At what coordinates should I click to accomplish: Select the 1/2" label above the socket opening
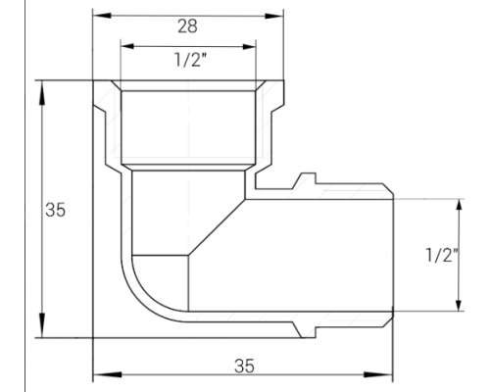point(188,59)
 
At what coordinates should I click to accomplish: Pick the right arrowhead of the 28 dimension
point(276,15)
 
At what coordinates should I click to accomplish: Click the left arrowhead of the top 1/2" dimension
point(124,44)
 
